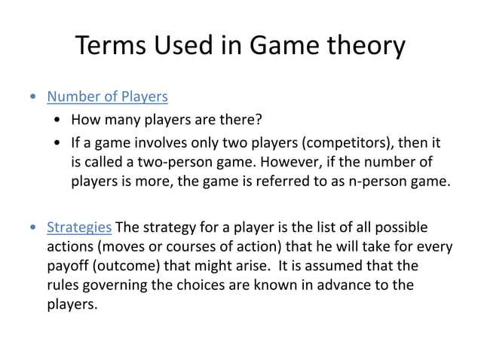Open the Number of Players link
[x=107, y=96]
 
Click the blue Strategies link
[x=79, y=227]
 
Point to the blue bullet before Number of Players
[x=32, y=97]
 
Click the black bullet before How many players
[x=58, y=121]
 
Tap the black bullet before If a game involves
[x=58, y=143]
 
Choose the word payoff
[x=68, y=267]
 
